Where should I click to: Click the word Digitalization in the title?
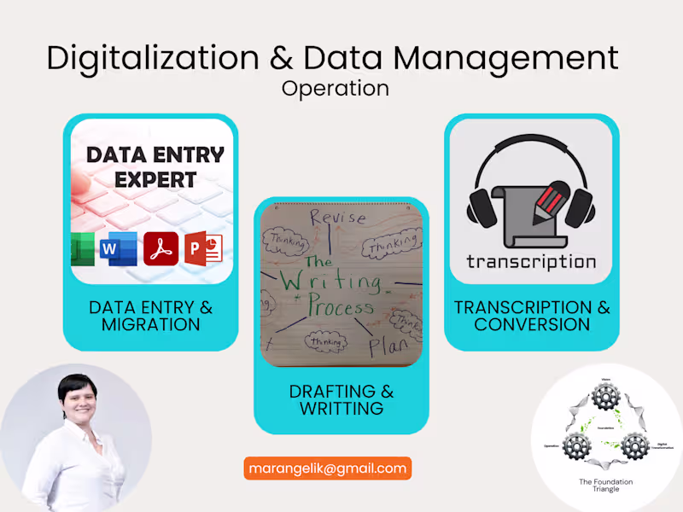pyautogui.click(x=154, y=58)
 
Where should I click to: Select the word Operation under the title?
pyautogui.click(x=335, y=88)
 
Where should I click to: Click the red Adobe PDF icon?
pyautogui.click(x=161, y=248)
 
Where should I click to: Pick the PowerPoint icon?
pyautogui.click(x=203, y=248)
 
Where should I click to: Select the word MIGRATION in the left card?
pyautogui.click(x=150, y=325)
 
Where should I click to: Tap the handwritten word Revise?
pyautogui.click(x=339, y=218)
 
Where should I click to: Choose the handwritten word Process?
pyautogui.click(x=341, y=308)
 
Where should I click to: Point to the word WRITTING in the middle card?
pyautogui.click(x=341, y=409)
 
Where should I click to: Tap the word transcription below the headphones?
pyautogui.click(x=531, y=261)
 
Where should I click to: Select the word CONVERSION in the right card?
pyautogui.click(x=532, y=325)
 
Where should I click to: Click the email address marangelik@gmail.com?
pyautogui.click(x=328, y=468)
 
